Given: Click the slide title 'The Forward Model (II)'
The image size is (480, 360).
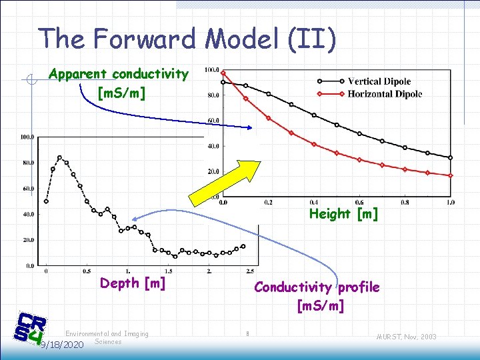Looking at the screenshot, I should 187,38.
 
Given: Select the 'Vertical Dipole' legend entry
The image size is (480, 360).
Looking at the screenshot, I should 379,81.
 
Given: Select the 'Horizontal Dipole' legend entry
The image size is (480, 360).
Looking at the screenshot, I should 385,94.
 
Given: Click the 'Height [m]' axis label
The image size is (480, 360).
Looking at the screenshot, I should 343,213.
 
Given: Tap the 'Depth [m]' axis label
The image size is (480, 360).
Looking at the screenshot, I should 133,283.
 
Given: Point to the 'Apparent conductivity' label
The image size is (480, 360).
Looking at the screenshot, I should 119,74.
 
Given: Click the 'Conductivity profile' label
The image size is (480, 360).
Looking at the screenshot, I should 317,287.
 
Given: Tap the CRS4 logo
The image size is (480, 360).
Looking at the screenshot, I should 29,329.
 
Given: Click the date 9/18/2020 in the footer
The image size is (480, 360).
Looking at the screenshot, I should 61,345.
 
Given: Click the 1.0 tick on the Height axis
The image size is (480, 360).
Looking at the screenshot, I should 451,201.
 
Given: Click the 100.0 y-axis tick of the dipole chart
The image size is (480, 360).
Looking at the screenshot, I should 212,69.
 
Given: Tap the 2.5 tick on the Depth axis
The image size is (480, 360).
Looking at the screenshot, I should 250,271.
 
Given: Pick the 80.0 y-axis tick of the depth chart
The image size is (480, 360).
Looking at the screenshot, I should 29,163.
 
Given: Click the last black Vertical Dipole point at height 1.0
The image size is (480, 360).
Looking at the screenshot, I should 451,158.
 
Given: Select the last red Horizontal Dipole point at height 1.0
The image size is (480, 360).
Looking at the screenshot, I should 451,175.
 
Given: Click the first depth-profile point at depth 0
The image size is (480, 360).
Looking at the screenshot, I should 46,201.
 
